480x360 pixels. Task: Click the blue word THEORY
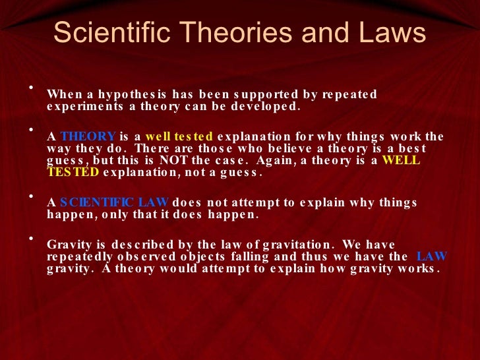point(88,136)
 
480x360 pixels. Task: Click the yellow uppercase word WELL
point(401,161)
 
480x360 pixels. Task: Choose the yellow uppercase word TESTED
point(73,173)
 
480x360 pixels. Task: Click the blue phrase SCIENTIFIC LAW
point(115,202)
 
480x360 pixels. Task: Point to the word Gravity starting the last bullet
point(68,245)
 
